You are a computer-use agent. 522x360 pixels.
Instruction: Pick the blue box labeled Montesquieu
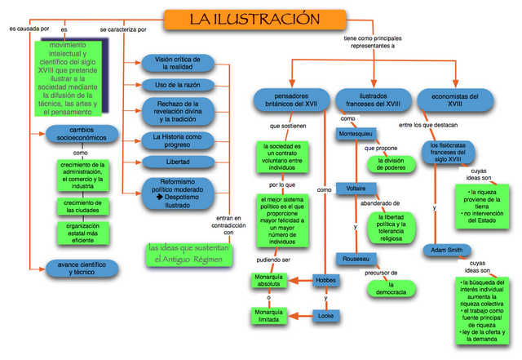pos(356,133)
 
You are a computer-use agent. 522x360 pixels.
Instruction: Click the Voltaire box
pos(356,189)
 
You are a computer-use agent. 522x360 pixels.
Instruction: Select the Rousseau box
pos(356,256)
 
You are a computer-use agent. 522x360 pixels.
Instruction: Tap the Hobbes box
pos(325,281)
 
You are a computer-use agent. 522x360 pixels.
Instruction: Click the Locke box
pos(325,315)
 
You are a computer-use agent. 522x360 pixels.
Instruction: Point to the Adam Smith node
pos(446,250)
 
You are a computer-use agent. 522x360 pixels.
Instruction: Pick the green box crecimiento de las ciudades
pos(82,205)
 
